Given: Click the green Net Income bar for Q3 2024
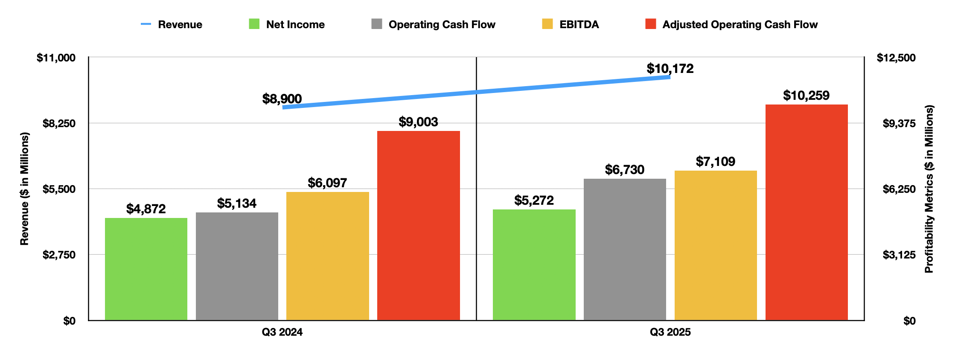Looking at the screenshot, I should pyautogui.click(x=146, y=269).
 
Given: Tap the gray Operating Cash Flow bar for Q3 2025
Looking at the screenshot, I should pyautogui.click(x=625, y=249).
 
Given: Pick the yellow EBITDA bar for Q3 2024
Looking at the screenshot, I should pyautogui.click(x=327, y=256).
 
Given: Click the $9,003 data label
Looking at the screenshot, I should pyautogui.click(x=418, y=122).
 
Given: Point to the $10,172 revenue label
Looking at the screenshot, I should pyautogui.click(x=670, y=68).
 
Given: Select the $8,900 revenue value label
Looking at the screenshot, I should pyautogui.click(x=282, y=99).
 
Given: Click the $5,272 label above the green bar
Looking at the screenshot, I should pyautogui.click(x=534, y=200).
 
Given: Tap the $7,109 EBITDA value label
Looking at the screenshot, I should pyautogui.click(x=716, y=162).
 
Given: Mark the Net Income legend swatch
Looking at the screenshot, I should pyautogui.click(x=254, y=24).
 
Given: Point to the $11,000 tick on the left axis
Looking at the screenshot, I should pyautogui.click(x=56, y=58).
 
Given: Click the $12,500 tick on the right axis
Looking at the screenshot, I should pyautogui.click(x=896, y=58).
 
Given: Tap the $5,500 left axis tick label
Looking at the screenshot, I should pyautogui.click(x=59, y=189).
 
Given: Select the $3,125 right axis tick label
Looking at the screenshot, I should pyautogui.click(x=899, y=255).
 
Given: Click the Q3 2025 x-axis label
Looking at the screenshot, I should pyautogui.click(x=670, y=332).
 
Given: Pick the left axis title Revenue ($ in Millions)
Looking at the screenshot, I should pyautogui.click(x=25, y=189).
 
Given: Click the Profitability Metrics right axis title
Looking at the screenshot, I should pyautogui.click(x=929, y=189).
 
